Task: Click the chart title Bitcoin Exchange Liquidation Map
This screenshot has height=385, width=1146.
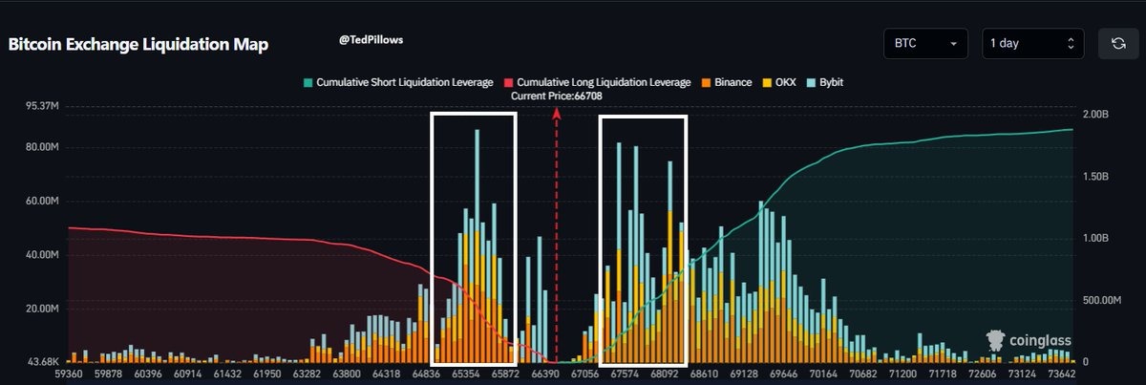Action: click(138, 45)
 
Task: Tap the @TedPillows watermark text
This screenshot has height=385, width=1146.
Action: click(371, 41)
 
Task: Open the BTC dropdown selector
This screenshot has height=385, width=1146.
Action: click(925, 44)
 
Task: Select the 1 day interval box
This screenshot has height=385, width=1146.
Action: click(1033, 44)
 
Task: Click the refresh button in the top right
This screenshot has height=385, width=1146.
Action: click(1117, 44)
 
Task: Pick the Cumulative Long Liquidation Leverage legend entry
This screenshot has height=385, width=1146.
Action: click(597, 82)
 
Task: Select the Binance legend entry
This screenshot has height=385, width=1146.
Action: click(727, 82)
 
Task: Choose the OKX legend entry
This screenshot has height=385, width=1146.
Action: click(780, 82)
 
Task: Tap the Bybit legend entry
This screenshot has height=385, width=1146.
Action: click(824, 82)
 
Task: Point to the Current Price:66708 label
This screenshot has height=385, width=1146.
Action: click(557, 96)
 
